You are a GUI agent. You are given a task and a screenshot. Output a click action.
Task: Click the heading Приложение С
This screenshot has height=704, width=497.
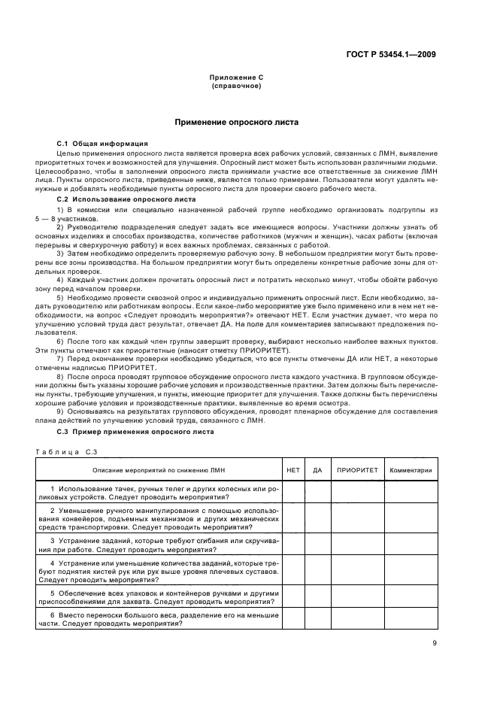click(235, 78)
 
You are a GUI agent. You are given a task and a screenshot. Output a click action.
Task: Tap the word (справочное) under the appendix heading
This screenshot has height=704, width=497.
click(235, 86)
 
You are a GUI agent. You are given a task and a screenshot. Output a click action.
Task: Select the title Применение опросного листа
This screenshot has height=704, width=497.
click(236, 121)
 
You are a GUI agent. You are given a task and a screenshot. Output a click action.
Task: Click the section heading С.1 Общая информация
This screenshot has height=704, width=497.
click(102, 143)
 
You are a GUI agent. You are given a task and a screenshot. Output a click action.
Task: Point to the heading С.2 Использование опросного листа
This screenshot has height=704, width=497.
click(115, 199)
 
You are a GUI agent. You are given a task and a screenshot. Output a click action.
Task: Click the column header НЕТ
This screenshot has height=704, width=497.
click(292, 470)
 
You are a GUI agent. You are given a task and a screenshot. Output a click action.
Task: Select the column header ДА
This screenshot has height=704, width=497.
click(317, 470)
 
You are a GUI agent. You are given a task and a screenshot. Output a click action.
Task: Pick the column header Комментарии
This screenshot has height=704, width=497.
click(411, 470)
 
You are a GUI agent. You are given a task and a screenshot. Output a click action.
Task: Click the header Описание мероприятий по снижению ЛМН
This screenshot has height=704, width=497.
click(158, 470)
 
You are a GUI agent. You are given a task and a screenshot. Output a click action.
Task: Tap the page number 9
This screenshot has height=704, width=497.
click(434, 642)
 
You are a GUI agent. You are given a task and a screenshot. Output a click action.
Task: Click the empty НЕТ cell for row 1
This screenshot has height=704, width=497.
click(292, 492)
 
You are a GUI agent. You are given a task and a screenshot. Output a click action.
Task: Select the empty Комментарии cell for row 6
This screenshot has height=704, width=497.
click(411, 618)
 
